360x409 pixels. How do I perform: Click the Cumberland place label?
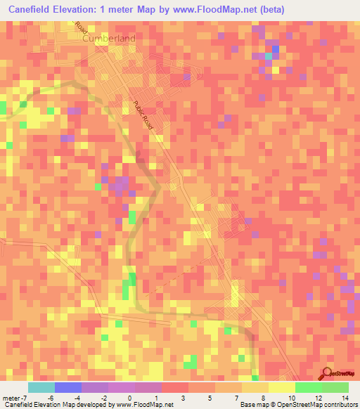tap(108, 39)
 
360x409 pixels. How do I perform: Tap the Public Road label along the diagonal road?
tap(143, 114)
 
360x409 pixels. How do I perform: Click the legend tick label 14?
tap(345, 398)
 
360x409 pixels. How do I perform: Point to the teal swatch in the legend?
tap(41, 387)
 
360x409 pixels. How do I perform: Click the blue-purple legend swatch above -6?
tap(68, 387)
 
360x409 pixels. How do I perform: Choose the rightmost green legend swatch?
tap(335, 387)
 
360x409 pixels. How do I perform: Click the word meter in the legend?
tap(12, 398)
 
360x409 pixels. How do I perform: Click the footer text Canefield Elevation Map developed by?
tap(51, 405)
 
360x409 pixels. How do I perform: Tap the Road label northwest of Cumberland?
tap(81, 28)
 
